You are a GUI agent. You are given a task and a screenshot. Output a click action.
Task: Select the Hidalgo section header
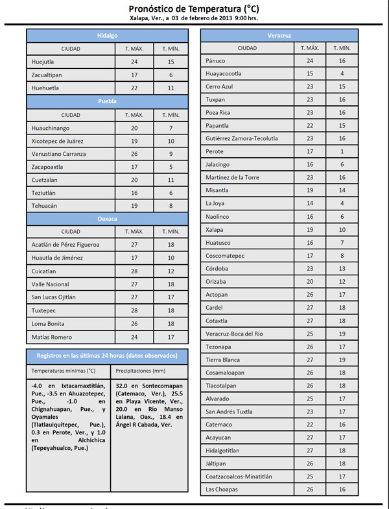(107, 35)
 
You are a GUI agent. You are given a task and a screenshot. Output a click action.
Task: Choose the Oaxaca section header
(107, 219)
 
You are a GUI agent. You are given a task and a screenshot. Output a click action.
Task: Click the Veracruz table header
(280, 35)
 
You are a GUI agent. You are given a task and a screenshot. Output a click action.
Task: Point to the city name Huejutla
(43, 62)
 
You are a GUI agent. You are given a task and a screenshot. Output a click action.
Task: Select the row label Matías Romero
(51, 337)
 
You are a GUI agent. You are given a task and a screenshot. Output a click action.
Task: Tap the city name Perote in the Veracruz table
(215, 151)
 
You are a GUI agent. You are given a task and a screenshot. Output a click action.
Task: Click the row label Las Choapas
(222, 489)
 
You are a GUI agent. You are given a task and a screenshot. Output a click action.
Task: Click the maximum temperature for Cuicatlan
(135, 271)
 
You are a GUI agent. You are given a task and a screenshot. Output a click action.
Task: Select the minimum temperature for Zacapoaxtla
(170, 167)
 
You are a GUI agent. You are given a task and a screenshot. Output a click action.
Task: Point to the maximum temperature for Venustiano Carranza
(135, 154)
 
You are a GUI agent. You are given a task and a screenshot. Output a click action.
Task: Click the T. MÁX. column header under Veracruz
(309, 48)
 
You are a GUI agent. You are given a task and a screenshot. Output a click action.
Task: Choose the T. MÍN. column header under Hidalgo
(170, 49)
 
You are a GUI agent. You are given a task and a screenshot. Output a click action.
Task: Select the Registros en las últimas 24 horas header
(107, 356)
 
